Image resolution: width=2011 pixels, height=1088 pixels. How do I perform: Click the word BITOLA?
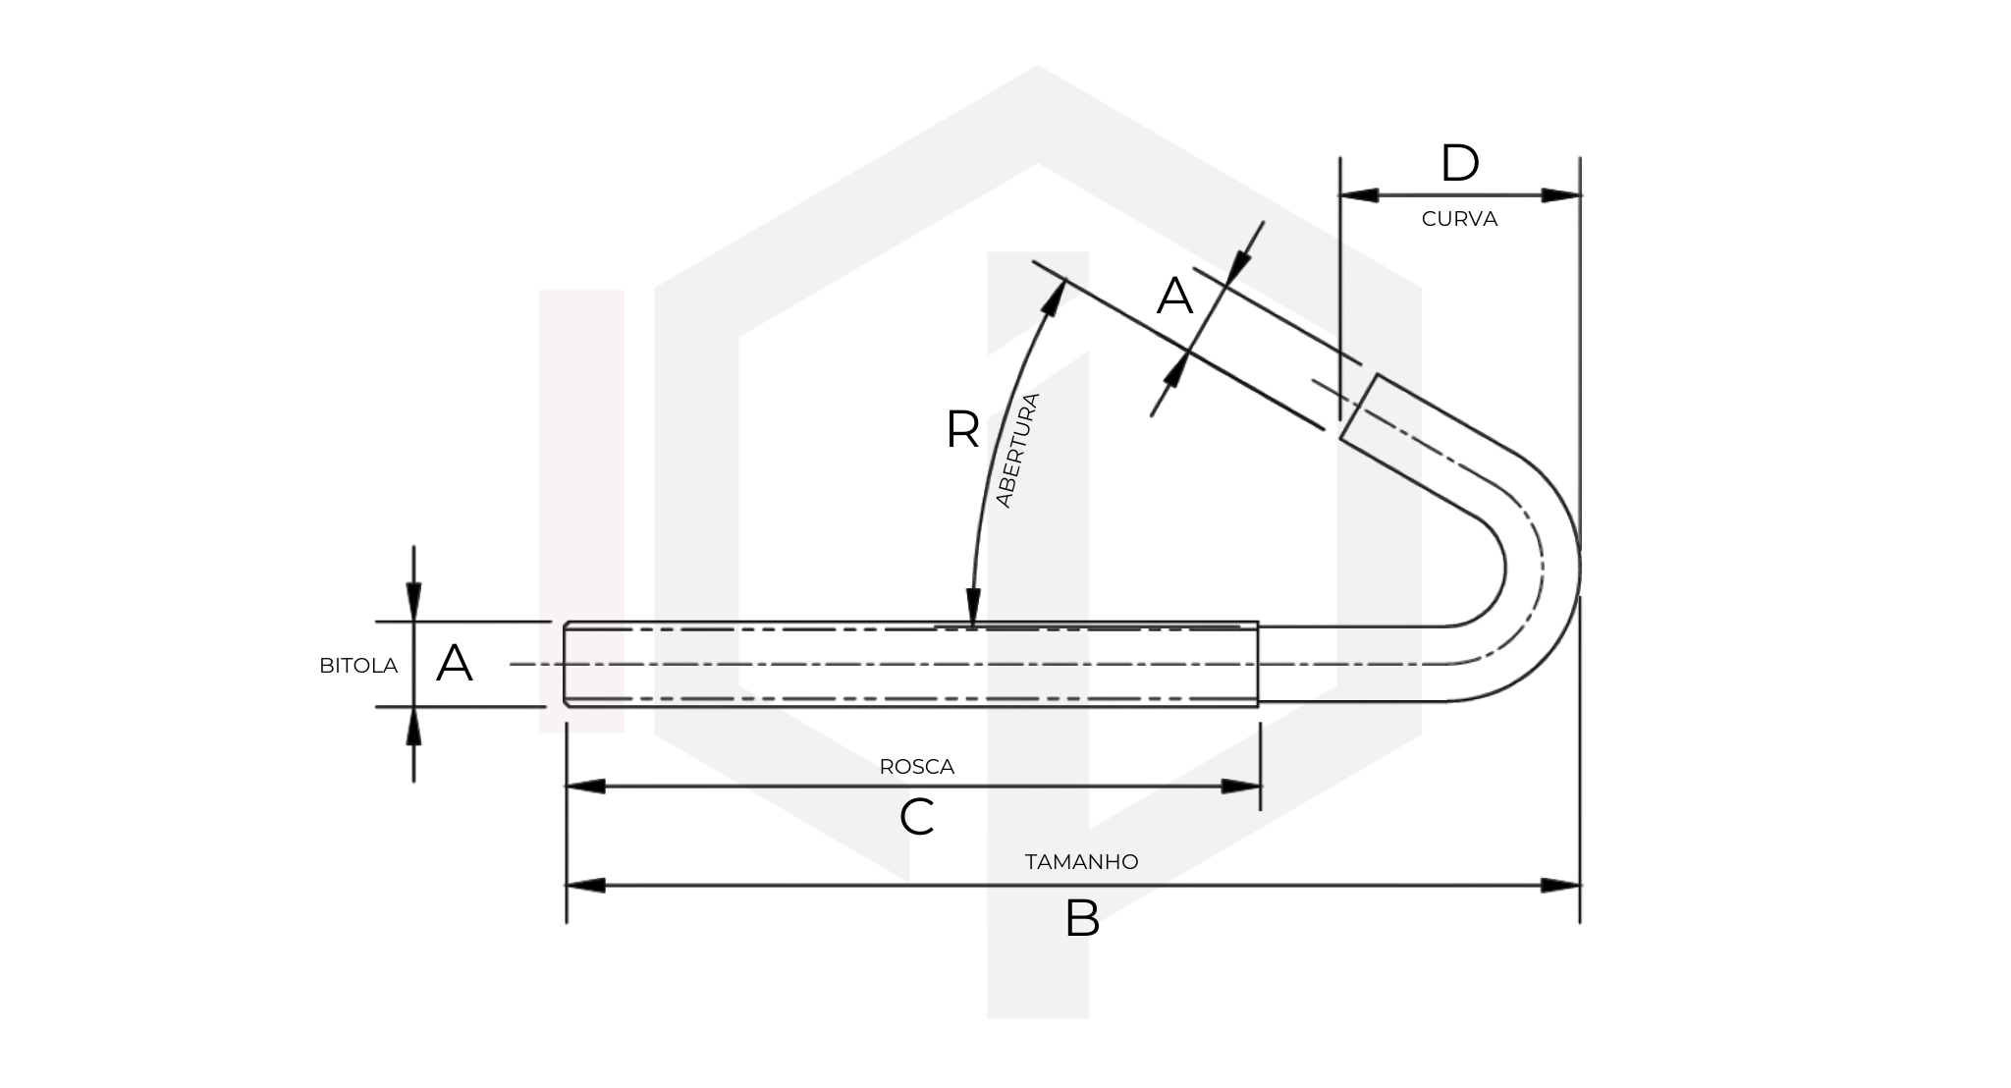(358, 666)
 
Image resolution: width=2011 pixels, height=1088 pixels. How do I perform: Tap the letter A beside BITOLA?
(454, 664)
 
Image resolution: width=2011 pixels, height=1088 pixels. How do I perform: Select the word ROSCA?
(916, 767)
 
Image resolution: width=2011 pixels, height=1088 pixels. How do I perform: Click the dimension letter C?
(916, 817)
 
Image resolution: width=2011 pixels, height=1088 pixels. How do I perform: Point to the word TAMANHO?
(1081, 862)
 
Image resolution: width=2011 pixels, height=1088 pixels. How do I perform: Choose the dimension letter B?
(1081, 919)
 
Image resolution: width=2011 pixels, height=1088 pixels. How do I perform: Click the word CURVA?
(1459, 219)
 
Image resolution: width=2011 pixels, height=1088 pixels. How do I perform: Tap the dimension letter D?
(1459, 164)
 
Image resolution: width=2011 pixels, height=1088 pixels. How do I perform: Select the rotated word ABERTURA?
(1018, 450)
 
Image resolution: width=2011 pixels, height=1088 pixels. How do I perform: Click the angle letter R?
(962, 430)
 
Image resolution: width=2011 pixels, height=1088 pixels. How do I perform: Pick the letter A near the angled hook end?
(1174, 296)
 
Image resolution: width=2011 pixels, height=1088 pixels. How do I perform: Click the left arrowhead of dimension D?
(1359, 195)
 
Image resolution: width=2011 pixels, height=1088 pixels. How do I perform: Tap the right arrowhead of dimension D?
(1561, 195)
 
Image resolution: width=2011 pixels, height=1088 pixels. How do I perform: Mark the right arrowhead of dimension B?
(1561, 886)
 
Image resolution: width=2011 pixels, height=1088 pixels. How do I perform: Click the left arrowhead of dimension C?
(585, 787)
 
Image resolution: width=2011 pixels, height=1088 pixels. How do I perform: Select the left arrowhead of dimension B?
(585, 886)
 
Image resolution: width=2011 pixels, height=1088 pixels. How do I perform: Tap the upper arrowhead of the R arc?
(1055, 298)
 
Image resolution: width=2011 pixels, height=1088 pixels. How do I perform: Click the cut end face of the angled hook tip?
(1359, 410)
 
